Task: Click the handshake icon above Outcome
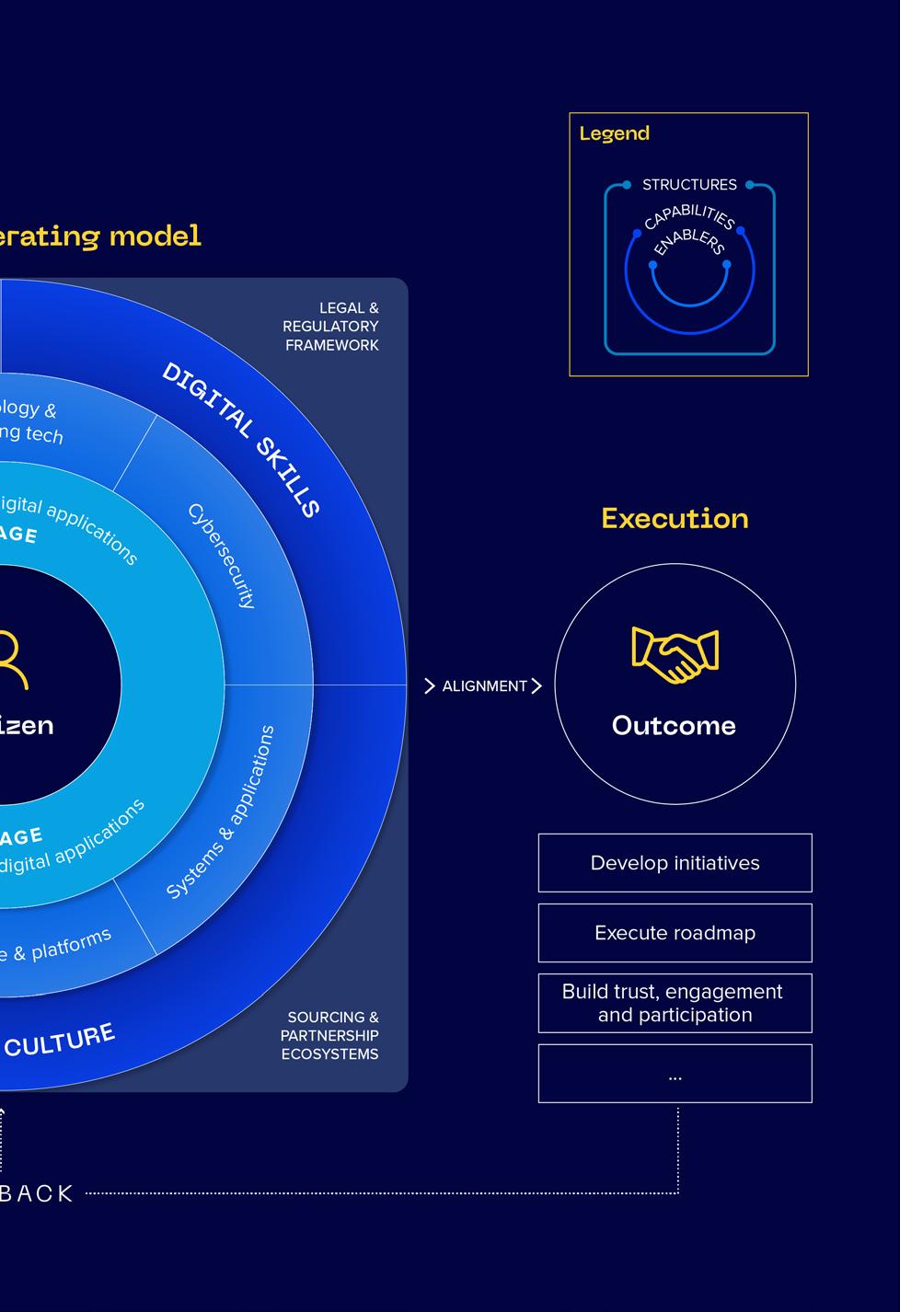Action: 675,655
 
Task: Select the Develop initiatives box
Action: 675,863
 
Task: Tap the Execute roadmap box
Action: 675,933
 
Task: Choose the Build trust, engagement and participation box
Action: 675,1003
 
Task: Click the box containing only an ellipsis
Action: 675,1074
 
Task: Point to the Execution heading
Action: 675,519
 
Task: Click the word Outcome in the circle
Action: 674,726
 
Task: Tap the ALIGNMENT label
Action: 484,686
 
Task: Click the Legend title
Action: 614,133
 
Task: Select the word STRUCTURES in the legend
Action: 689,185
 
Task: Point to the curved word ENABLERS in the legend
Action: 689,241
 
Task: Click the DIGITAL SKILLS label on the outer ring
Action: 241,439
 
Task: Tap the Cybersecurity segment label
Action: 222,556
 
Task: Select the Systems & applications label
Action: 221,811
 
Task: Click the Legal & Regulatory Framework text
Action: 331,327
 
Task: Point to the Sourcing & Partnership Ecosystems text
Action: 329,1036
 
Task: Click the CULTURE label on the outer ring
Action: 60,1041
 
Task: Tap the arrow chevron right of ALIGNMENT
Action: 537,686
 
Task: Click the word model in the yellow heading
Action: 155,236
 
